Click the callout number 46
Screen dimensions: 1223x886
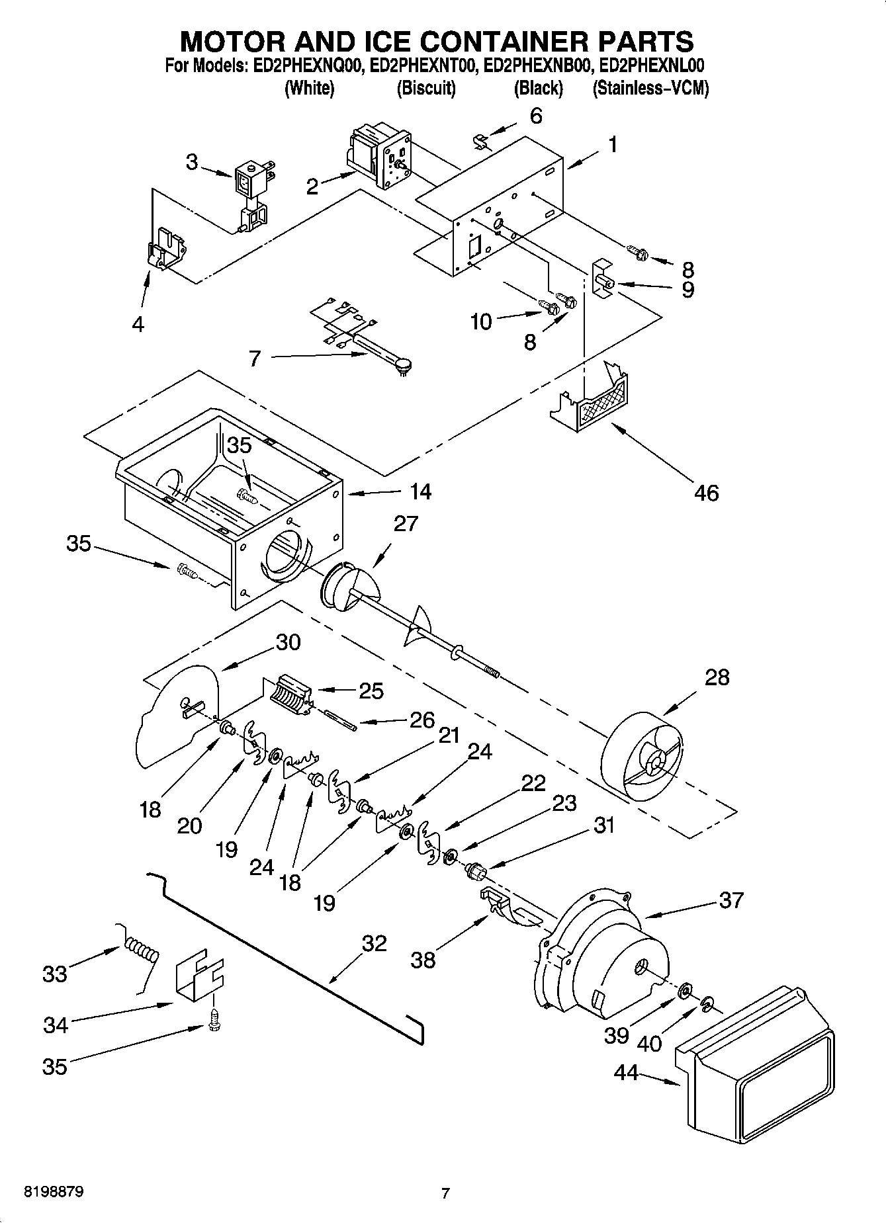coord(706,493)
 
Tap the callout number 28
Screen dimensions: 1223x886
coord(717,677)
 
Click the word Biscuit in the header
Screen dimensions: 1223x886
coord(426,88)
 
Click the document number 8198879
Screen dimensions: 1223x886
coord(54,1193)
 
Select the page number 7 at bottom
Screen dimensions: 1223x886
coord(445,1194)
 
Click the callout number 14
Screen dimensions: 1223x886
coord(420,491)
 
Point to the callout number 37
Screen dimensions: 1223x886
coord(731,900)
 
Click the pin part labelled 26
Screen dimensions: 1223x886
coord(341,720)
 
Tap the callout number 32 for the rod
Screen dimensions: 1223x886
coord(374,943)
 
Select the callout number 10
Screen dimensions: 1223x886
coord(481,322)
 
